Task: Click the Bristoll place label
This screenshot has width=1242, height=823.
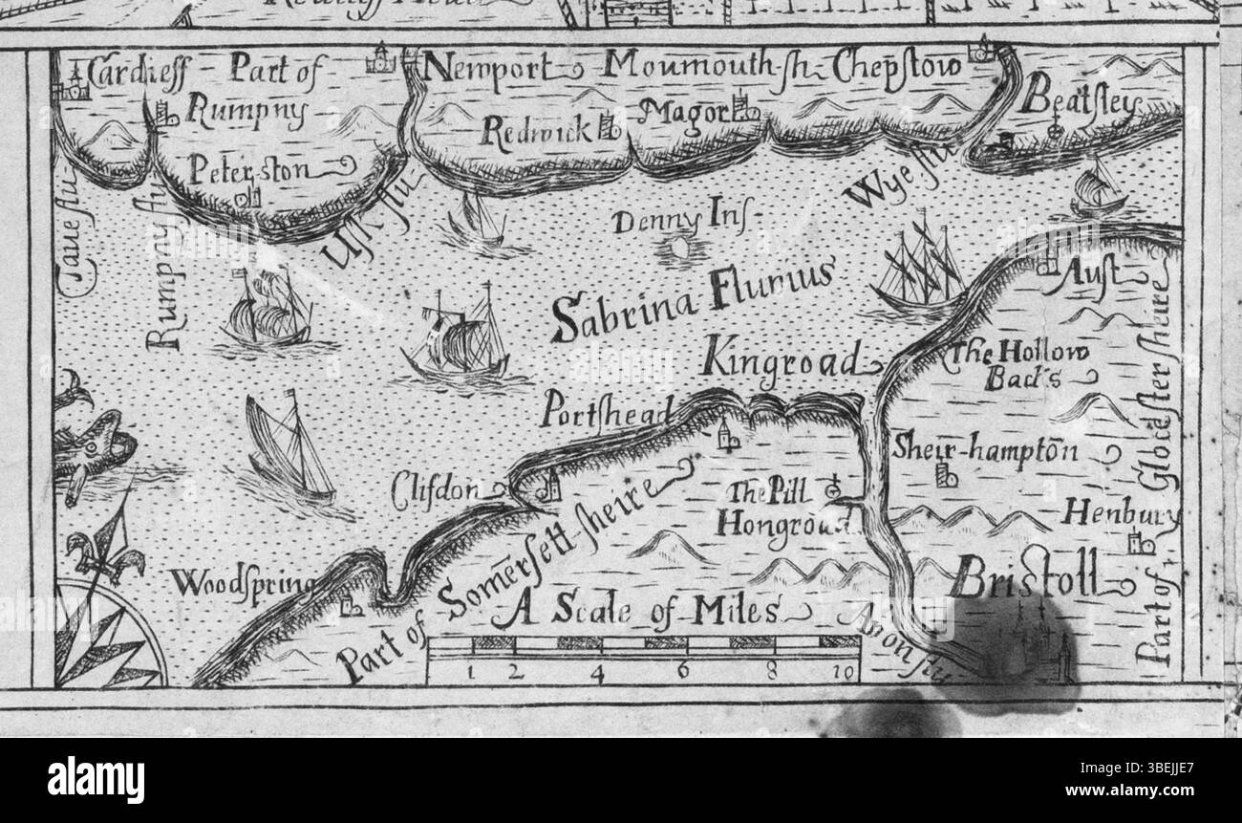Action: tap(1025, 577)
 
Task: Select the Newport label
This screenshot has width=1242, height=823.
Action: tap(487, 69)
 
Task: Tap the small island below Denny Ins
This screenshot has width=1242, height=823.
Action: tap(680, 248)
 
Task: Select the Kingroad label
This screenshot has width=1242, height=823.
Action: tap(782, 361)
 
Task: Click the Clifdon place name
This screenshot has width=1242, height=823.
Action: tap(436, 490)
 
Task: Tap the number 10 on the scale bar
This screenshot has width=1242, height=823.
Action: tap(842, 673)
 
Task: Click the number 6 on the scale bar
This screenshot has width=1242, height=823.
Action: tap(683, 671)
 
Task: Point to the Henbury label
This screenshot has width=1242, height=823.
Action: tap(1118, 514)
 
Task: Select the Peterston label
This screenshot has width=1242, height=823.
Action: tap(248, 172)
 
